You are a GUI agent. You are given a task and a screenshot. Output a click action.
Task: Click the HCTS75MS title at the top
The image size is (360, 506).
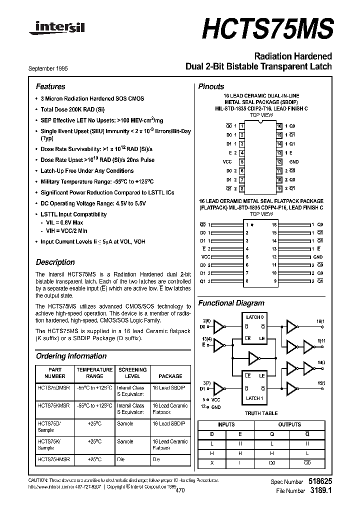pos(267,27)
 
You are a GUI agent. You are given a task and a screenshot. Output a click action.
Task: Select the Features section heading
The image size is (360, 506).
pos(50,86)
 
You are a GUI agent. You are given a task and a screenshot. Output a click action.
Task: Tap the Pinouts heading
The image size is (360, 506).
pos(211,86)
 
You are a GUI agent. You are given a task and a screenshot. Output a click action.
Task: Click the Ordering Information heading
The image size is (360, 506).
pos(71,356)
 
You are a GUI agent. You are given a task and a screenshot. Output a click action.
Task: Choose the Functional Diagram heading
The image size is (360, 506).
pos(231,303)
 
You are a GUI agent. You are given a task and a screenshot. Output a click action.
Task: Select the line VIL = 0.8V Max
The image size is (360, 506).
pos(64,222)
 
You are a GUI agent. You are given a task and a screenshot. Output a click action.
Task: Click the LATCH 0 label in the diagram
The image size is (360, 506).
pos(253,317)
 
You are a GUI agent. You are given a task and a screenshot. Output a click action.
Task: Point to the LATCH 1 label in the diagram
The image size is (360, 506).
pos(253,398)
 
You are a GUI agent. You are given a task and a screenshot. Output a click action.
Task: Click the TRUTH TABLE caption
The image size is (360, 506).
pos(260,413)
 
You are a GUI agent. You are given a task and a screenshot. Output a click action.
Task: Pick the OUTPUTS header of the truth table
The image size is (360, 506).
pos(289,424)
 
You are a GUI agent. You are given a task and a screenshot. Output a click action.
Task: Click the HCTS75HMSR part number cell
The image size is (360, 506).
pos(54,458)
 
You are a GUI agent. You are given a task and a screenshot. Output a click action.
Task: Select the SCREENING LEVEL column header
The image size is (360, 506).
pos(132,373)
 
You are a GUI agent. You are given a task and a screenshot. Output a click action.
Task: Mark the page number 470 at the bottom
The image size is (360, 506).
pos(180,491)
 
